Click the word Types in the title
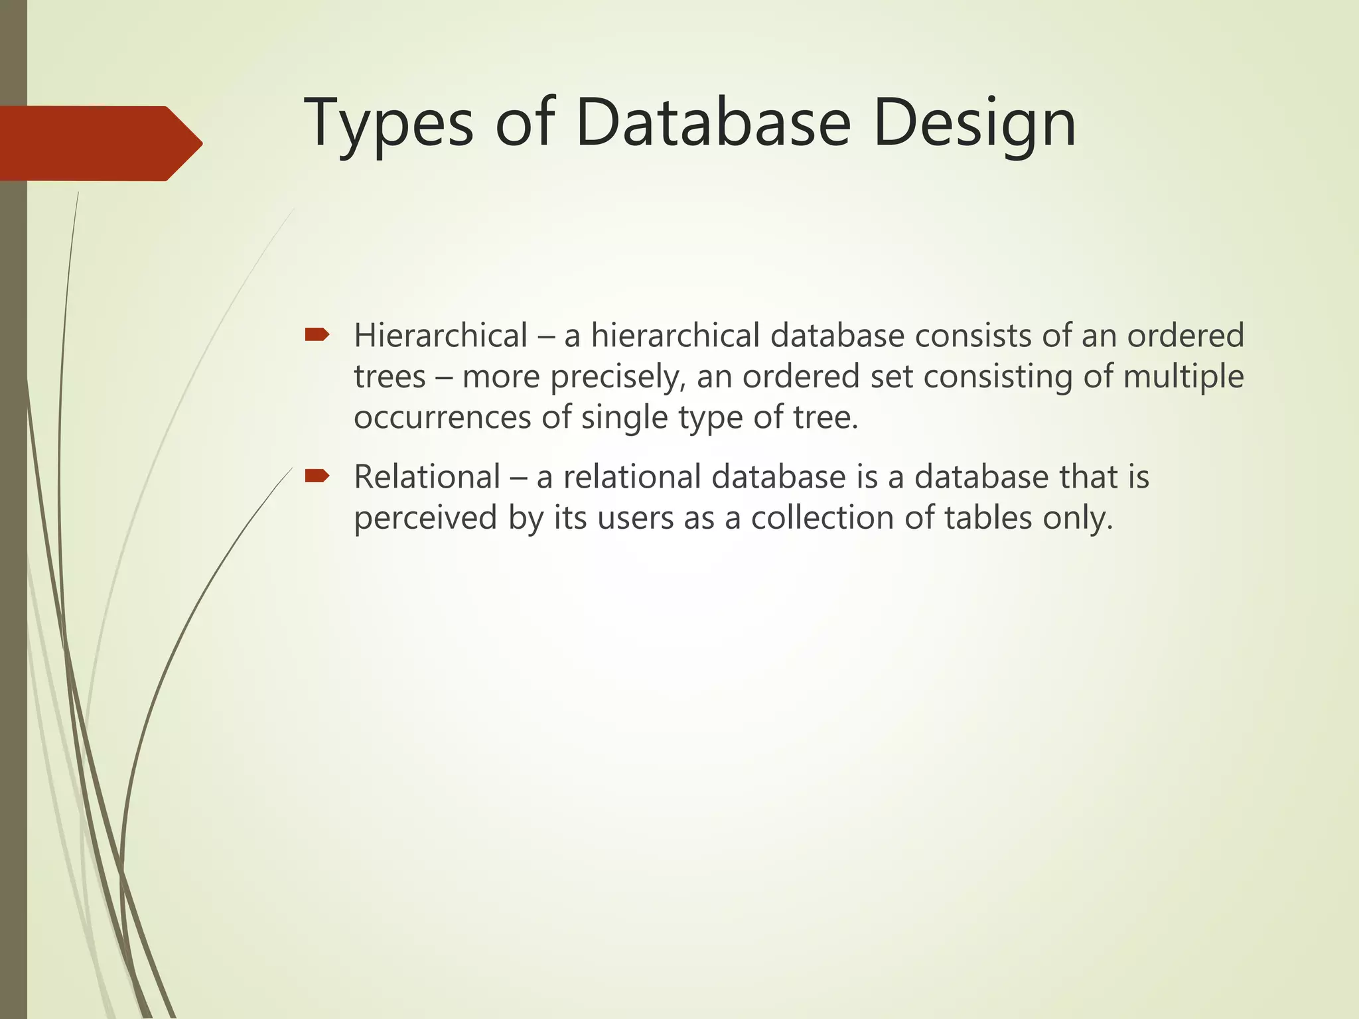388,124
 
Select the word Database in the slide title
713,123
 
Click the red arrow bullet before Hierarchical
317,334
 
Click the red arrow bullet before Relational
317,475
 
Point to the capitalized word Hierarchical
441,336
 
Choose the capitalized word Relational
427,477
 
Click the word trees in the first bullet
390,377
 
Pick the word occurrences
443,418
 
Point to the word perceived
425,519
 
